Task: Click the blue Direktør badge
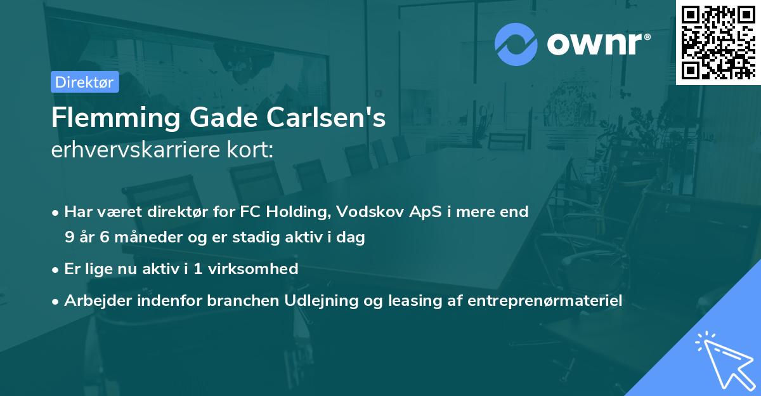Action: click(84, 82)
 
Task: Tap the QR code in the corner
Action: click(718, 42)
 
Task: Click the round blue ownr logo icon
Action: click(516, 44)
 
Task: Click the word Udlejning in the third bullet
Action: click(308, 301)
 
